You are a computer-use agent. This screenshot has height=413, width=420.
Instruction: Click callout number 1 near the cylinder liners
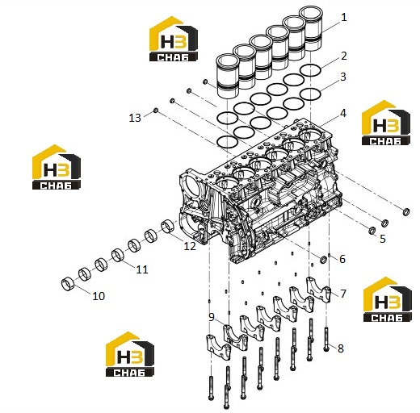(x=343, y=18)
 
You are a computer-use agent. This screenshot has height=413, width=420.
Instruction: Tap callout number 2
(x=344, y=56)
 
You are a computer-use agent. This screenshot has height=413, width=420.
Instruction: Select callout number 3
(x=343, y=77)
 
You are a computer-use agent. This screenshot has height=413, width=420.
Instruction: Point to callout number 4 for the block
(x=343, y=113)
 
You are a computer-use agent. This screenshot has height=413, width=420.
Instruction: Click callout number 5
(x=383, y=239)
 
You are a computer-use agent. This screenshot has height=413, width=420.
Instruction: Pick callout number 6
(x=342, y=259)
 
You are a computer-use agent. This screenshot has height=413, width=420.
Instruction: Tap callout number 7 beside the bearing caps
(x=343, y=294)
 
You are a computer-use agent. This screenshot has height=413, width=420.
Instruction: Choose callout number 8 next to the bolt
(x=341, y=348)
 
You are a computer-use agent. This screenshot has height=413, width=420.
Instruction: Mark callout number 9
(x=212, y=317)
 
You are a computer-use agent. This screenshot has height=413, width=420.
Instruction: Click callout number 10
(x=99, y=296)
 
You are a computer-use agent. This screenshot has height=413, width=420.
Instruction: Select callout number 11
(x=142, y=269)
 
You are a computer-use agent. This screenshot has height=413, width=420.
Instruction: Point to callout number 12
(x=190, y=246)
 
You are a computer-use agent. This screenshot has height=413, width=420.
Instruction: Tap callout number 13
(x=135, y=118)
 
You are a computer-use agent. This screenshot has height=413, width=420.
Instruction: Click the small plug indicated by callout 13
(x=156, y=111)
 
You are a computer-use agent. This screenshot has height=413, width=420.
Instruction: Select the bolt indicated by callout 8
(x=326, y=340)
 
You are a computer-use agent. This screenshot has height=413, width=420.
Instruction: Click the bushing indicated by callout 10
(x=68, y=285)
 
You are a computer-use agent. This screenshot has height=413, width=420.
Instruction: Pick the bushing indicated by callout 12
(x=168, y=227)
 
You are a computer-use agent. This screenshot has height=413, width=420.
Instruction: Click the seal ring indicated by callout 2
(x=310, y=70)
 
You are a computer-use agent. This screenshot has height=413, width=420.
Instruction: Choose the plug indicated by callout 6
(x=323, y=260)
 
